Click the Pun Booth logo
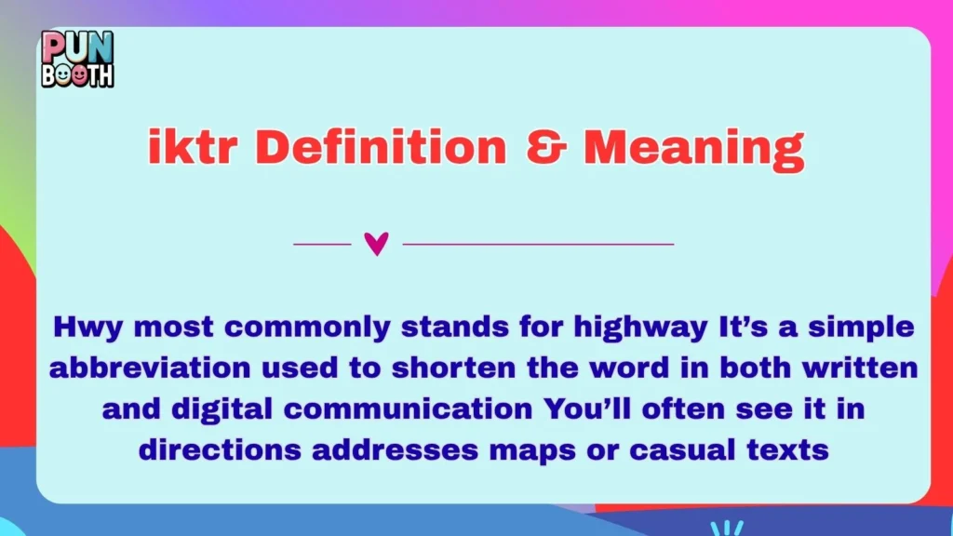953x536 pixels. coord(77,59)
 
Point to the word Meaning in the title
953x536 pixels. coord(693,148)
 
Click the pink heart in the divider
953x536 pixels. coord(376,245)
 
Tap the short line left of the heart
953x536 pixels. coord(322,245)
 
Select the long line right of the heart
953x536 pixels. coord(538,245)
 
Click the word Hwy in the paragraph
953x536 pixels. coord(82,328)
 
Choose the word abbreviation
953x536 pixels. coord(138,369)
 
